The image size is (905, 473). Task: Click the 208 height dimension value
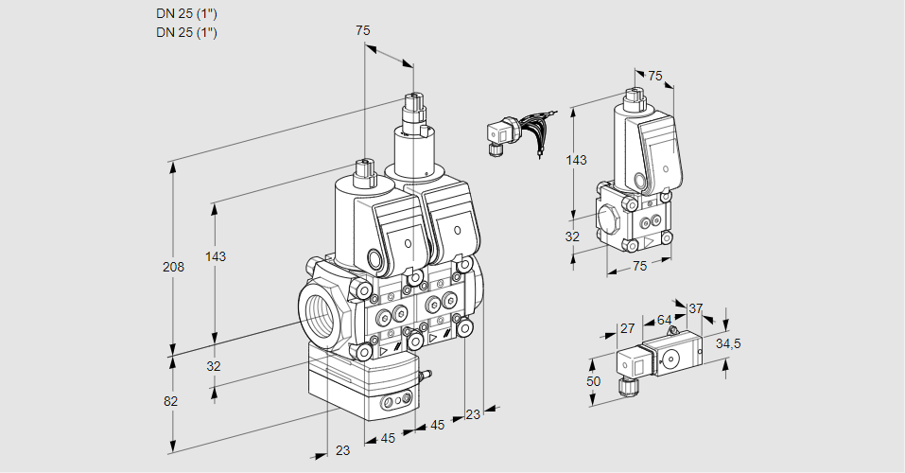click(x=173, y=267)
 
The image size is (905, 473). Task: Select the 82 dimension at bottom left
click(x=170, y=401)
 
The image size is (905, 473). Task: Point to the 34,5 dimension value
click(x=727, y=343)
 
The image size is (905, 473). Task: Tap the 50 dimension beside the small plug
click(x=593, y=381)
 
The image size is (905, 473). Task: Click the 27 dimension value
click(x=626, y=328)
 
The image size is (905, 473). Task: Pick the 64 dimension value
click(x=664, y=321)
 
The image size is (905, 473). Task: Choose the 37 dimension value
click(x=695, y=308)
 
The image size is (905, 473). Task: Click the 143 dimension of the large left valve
click(x=217, y=256)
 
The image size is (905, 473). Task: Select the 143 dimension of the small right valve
click(x=575, y=160)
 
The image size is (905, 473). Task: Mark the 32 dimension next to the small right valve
click(x=572, y=236)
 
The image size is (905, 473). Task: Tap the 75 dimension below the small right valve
click(x=639, y=266)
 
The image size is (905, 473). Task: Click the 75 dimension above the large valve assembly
click(x=363, y=30)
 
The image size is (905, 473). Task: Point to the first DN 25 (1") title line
click(x=186, y=13)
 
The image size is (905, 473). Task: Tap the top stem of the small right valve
click(x=634, y=97)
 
